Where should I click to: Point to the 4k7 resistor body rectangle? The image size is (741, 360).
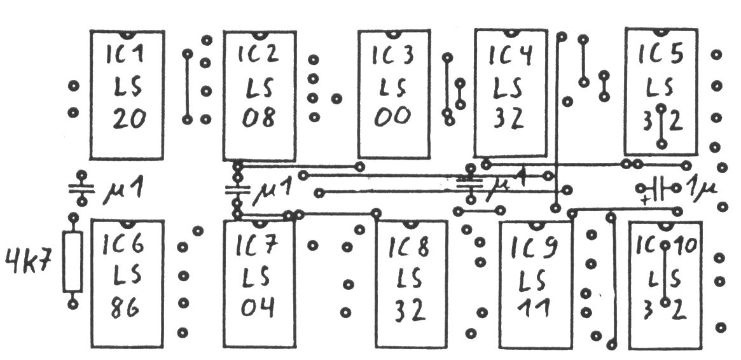click(73, 262)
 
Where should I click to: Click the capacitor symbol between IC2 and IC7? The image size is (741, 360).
click(237, 189)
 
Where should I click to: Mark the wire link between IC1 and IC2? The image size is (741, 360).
click(188, 87)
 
